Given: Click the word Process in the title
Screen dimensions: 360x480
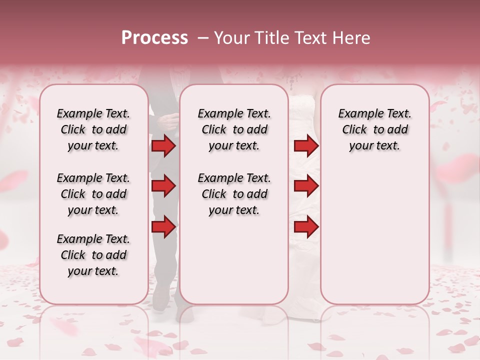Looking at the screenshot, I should [154, 38].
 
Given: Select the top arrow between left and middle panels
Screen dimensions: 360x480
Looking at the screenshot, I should [163, 146].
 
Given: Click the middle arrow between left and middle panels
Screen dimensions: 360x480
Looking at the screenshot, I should [163, 186].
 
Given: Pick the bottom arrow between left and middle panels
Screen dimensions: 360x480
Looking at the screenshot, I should [163, 227].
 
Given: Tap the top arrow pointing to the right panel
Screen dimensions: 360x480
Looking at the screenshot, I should [306, 146].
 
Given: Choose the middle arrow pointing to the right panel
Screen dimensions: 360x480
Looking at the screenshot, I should [306, 186].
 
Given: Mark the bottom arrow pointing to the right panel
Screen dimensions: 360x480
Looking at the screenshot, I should [306, 227].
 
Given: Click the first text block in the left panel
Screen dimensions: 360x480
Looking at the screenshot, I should [93, 129].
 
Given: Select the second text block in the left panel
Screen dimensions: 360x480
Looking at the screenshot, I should [93, 194].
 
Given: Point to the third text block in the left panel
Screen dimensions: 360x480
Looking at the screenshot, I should [93, 255].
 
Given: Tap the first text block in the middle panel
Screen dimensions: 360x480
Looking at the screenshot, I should [234, 129].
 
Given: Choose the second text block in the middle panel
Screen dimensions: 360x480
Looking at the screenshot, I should [234, 194].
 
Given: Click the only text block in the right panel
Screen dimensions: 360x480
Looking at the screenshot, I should [374, 129].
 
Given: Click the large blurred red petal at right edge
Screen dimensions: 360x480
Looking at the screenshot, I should [457, 170].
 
